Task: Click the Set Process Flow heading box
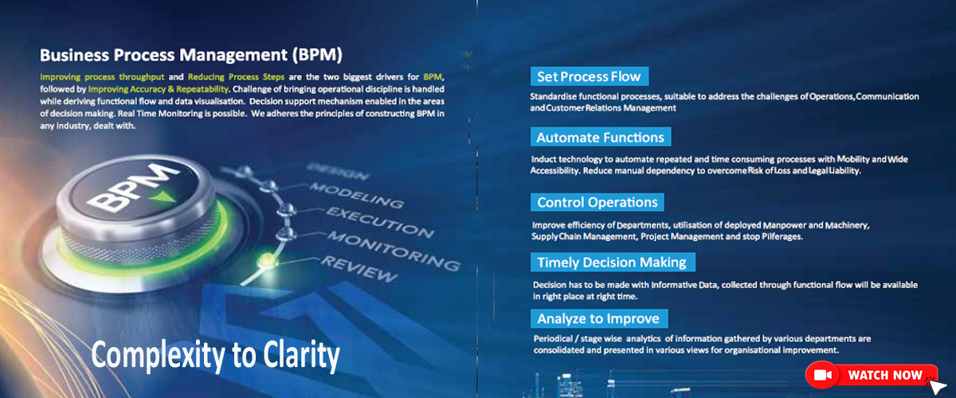point(590,76)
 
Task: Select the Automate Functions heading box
point(601,137)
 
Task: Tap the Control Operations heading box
point(597,202)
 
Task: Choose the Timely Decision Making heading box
point(613,262)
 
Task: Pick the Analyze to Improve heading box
point(599,318)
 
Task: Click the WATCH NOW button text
point(885,375)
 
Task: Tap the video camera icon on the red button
point(822,375)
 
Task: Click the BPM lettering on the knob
point(132,188)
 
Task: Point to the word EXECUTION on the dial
point(380,222)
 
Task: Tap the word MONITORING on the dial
point(394,251)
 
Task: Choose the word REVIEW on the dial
point(359,269)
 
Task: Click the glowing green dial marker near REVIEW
point(266,259)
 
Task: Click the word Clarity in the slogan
point(301,355)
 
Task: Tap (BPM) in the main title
point(317,55)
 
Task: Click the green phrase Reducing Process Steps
point(236,76)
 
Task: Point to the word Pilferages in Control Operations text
point(782,236)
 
